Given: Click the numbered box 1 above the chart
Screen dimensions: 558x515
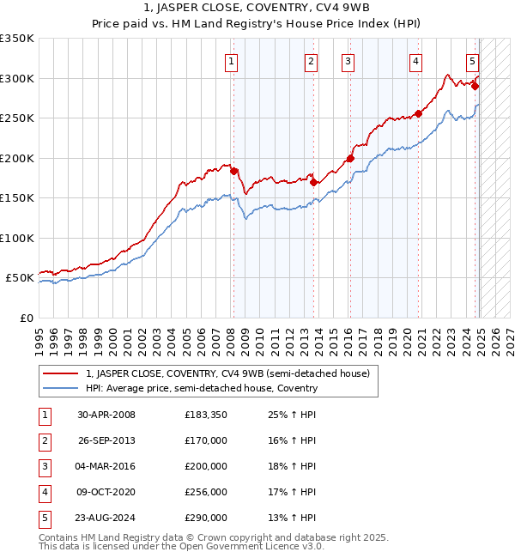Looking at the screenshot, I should pos(232,61).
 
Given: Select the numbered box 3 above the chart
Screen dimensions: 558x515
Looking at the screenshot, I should pos(348,61).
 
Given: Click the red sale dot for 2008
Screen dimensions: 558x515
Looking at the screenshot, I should pos(233,171).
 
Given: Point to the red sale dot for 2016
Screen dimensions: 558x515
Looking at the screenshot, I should pos(350,158).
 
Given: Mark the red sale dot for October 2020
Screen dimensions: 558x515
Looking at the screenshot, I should pos(418,113).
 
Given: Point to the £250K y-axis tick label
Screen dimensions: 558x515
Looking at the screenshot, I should pos(17,118).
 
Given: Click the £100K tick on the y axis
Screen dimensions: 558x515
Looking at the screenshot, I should pos(17,238).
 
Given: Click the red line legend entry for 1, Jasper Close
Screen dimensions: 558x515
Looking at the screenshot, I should pos(227,373).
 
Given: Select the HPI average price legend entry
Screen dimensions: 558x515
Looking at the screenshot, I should pos(201,388).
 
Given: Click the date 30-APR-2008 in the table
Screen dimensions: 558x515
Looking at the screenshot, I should pos(106,415).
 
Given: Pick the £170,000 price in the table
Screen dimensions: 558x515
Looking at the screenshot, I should pos(206,440).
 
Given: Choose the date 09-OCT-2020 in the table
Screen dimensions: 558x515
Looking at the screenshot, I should pos(106,492).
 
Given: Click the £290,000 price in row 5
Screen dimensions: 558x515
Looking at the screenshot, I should pos(206,518).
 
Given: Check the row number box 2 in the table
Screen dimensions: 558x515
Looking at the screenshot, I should pos(43,440).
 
